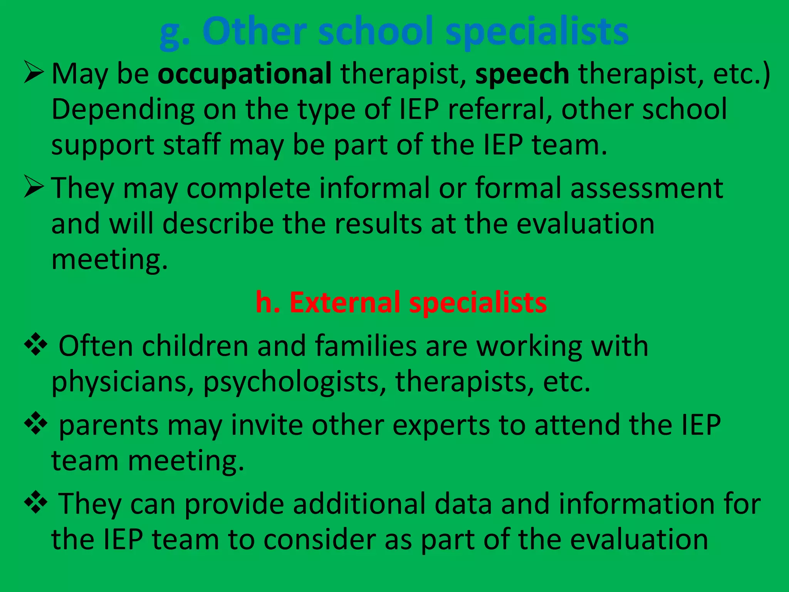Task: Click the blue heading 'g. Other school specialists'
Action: [394, 32]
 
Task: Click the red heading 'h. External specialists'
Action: [401, 302]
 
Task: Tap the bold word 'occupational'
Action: [245, 73]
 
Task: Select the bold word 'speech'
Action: [522, 74]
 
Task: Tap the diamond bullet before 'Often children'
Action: [35, 344]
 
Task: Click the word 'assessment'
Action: [646, 188]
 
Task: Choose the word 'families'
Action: [366, 346]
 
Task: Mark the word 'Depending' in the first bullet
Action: [123, 110]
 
